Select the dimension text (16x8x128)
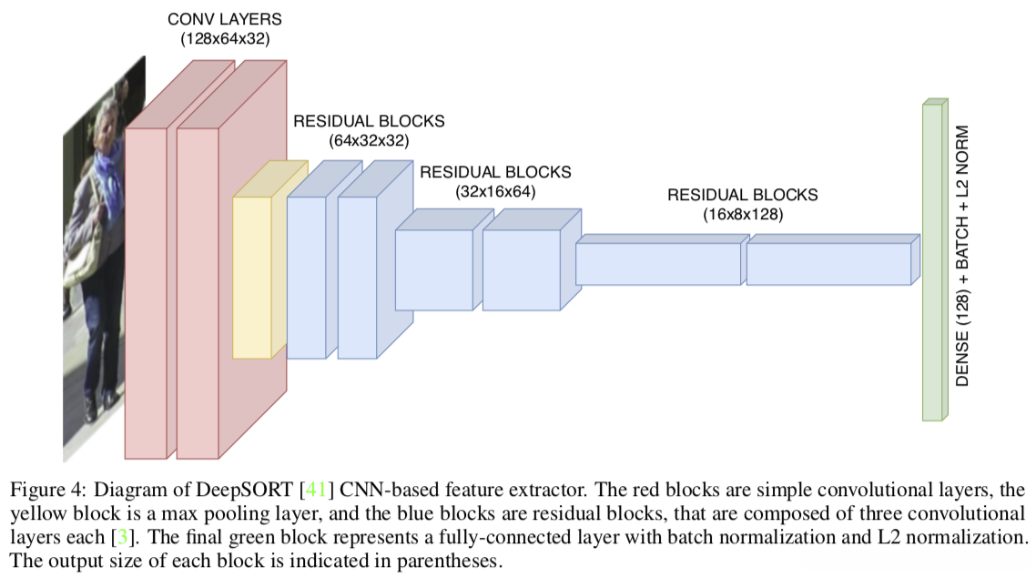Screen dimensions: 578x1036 (x=742, y=215)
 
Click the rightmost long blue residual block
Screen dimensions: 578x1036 (x=828, y=263)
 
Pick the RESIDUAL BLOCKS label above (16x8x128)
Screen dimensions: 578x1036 (x=742, y=195)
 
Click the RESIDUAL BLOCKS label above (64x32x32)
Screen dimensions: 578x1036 (x=369, y=121)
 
